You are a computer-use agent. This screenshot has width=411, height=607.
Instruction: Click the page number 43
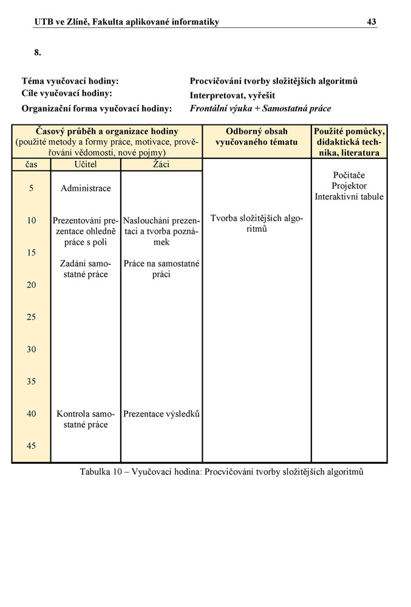coord(372,22)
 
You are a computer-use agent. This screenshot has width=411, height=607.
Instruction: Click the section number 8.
coord(38,53)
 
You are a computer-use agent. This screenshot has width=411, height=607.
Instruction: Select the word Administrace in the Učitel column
coord(86,188)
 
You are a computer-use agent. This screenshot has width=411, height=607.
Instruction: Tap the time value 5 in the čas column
coord(31,188)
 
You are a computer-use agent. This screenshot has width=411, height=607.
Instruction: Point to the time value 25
coord(31,317)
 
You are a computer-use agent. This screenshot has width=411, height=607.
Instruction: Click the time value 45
coord(31,446)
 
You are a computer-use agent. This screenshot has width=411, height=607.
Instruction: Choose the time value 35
coord(31,381)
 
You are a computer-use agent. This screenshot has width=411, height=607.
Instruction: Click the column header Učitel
coord(86,164)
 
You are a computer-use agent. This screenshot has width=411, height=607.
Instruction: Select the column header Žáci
coord(161,164)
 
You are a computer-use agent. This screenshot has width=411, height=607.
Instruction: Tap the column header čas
coord(31,164)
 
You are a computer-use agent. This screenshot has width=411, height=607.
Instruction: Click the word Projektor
coord(349,186)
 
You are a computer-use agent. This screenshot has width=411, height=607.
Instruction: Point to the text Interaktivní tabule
coord(349,197)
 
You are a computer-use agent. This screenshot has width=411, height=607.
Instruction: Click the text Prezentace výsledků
coord(161,414)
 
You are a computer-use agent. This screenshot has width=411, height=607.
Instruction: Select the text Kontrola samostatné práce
coord(86,419)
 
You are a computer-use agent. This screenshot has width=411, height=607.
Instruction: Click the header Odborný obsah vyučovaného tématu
coord(257,137)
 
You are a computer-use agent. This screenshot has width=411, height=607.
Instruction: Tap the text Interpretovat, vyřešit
coord(232,95)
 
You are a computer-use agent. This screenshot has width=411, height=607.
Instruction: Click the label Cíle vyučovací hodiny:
coord(67,93)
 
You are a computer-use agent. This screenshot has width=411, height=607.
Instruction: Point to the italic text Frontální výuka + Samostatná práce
coord(260,109)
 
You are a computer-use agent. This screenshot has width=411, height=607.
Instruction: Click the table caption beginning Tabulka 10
coord(222,472)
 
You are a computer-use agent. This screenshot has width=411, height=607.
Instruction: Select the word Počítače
coord(349,175)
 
